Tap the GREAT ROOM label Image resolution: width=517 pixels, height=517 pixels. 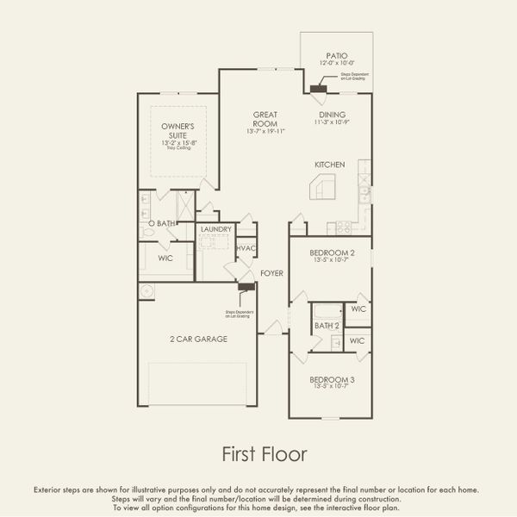tap(264, 119)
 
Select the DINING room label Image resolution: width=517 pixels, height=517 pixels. tap(332, 115)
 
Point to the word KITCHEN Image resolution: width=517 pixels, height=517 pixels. tap(329, 164)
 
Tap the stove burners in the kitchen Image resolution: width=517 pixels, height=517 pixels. tap(343, 227)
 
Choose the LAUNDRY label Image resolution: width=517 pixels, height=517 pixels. tap(215, 229)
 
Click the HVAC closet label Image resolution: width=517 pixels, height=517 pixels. tap(246, 249)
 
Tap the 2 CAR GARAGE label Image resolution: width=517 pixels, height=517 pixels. tap(198, 339)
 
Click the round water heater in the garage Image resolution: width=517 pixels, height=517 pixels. tap(147, 291)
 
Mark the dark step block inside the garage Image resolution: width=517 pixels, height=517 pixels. tap(246, 287)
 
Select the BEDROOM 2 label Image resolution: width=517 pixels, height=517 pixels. tap(328, 252)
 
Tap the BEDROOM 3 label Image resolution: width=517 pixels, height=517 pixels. tap(328, 379)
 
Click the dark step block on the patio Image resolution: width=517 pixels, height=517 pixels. tap(320, 87)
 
